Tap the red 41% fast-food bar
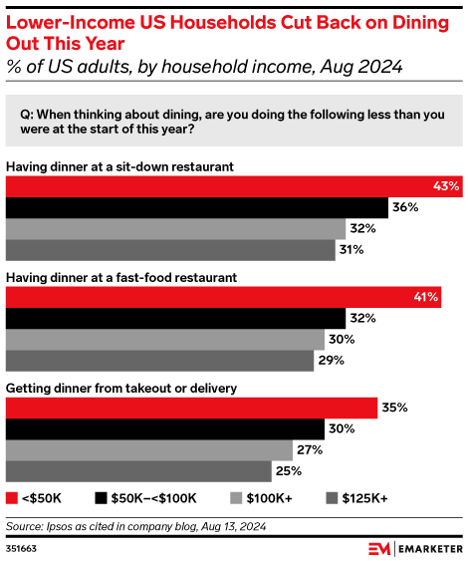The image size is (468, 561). [x=224, y=297]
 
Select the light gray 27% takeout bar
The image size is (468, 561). [x=150, y=449]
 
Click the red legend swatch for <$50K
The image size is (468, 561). [x=12, y=498]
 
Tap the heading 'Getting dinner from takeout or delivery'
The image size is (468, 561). [x=126, y=387]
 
